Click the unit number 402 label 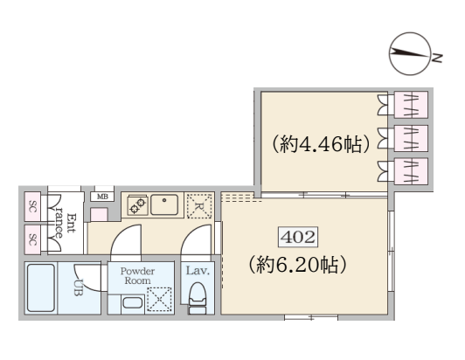(298, 237)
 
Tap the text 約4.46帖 (322, 144)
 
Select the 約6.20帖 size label (297, 264)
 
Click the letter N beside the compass (437, 58)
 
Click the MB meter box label (102, 197)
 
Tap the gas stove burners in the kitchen (137, 205)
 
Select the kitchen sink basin (164, 204)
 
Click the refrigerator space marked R (199, 206)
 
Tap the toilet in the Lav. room (198, 297)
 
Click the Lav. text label (198, 271)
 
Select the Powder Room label (137, 276)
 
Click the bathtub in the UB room (41, 287)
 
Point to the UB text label (78, 287)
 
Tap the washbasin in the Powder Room (133, 303)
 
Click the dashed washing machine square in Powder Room (159, 299)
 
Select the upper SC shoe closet (32, 206)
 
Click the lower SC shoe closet (32, 239)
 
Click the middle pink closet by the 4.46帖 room (411, 138)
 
